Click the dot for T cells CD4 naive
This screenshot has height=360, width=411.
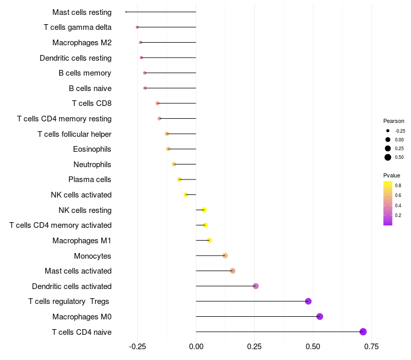[363, 332]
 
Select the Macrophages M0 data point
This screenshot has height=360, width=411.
[320, 316]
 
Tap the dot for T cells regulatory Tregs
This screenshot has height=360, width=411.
[308, 301]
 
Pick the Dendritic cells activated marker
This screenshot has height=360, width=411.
[256, 286]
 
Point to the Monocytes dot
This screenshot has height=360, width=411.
[225, 256]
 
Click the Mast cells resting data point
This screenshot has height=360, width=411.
[126, 12]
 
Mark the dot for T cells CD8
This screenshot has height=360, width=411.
[158, 103]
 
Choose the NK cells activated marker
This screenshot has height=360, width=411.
[186, 194]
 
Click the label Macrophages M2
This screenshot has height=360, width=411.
[82, 43]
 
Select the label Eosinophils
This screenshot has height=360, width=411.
[92, 149]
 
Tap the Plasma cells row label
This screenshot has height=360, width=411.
[90, 179]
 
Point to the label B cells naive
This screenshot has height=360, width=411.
[90, 88]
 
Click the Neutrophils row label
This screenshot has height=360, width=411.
[92, 165]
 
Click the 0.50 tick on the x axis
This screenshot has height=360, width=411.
[313, 346]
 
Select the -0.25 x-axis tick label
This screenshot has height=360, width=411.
[137, 346]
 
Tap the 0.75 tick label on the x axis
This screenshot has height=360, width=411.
[371, 346]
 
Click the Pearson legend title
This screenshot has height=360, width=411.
[394, 121]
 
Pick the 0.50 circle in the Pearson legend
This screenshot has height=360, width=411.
[388, 157]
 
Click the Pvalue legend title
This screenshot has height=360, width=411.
[391, 175]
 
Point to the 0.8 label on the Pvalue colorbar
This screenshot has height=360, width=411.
[398, 185]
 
